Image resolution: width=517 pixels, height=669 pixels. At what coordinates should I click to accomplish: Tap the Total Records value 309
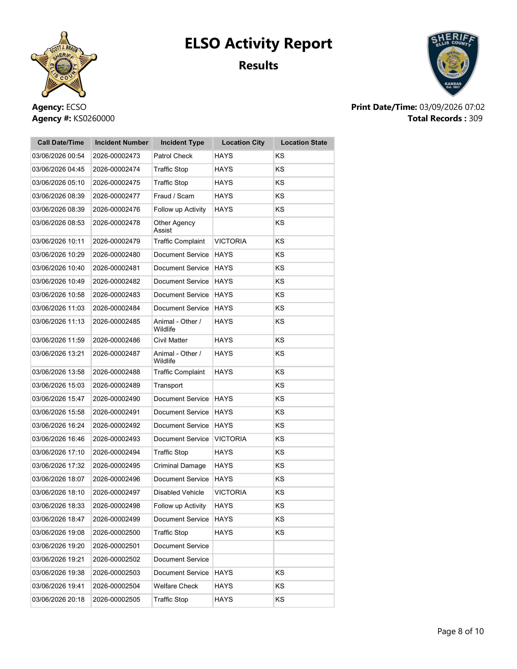pyautogui.click(x=475, y=119)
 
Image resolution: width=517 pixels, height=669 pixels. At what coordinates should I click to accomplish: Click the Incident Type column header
pyautogui.click(x=182, y=143)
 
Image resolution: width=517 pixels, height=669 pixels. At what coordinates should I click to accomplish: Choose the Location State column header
pyautogui.click(x=304, y=143)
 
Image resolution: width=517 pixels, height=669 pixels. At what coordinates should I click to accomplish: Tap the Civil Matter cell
pyautogui.click(x=171, y=340)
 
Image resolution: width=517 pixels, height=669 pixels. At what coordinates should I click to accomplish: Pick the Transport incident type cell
pyautogui.click(x=168, y=385)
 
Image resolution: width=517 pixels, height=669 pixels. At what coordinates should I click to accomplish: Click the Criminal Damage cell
pyautogui.click(x=179, y=466)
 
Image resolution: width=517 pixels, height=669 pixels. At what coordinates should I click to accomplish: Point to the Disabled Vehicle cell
pyautogui.click(x=179, y=492)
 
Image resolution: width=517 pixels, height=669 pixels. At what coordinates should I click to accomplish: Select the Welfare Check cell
pyautogui.click(x=176, y=586)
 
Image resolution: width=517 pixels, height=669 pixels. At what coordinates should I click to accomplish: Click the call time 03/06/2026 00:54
pyautogui.click(x=58, y=156)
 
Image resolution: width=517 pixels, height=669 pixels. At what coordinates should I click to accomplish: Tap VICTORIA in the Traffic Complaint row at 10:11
pyautogui.click(x=230, y=241)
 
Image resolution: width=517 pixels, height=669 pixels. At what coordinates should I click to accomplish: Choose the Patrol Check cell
pyautogui.click(x=173, y=156)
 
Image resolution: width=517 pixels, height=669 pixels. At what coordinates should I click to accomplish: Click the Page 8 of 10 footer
pyautogui.click(x=460, y=631)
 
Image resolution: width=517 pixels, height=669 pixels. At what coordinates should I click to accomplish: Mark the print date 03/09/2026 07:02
pyautogui.click(x=452, y=107)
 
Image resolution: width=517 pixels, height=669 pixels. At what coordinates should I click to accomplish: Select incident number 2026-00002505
pyautogui.click(x=116, y=599)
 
